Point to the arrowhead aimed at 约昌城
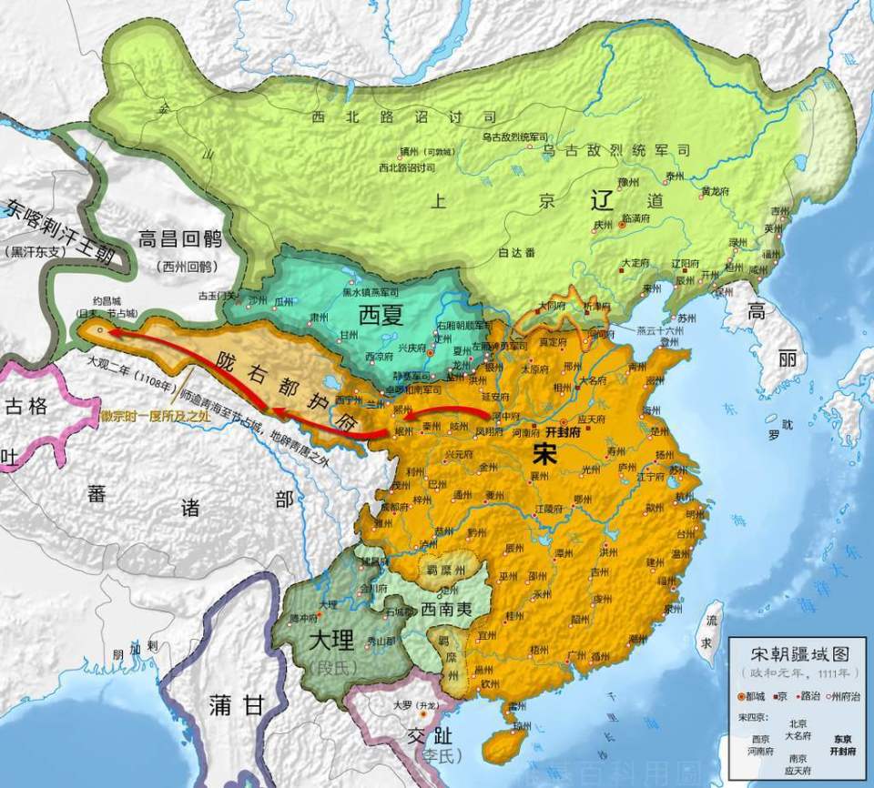coord(102,333)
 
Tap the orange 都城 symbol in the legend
coord(740,696)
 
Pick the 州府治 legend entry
coord(843,696)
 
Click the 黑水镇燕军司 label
coord(371,291)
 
